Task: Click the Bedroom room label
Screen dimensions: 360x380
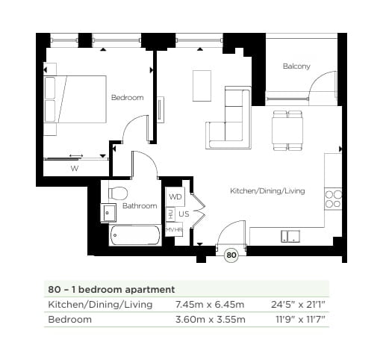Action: coord(127,98)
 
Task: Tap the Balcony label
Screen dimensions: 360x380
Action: coord(296,66)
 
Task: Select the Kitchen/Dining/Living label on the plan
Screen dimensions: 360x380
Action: coord(267,191)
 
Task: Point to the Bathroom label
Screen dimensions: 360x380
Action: coord(140,205)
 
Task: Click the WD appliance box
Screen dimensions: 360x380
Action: coord(175,196)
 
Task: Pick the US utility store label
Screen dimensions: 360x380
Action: coord(183,214)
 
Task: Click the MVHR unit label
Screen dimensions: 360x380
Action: coord(174,230)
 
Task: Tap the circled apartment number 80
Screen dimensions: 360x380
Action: coord(231,255)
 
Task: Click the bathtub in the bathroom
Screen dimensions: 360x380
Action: coord(134,237)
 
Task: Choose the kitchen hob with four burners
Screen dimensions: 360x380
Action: coord(333,199)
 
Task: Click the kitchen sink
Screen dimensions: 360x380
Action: coord(290,236)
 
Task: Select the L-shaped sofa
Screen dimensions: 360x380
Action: coord(232,120)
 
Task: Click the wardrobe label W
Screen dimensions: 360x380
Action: coord(74,168)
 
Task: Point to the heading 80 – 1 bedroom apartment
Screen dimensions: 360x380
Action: coord(111,288)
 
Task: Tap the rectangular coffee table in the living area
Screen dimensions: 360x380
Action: coord(202,85)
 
